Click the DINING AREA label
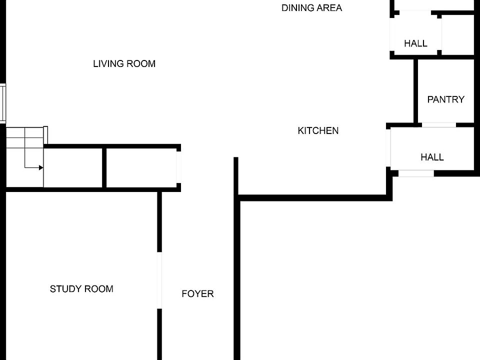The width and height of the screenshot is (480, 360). click(x=311, y=8)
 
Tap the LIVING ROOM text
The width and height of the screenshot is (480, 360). click(x=124, y=63)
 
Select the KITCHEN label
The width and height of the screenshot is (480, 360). click(x=318, y=130)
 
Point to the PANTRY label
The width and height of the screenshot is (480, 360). click(x=445, y=99)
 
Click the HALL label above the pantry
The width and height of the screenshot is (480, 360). click(x=415, y=43)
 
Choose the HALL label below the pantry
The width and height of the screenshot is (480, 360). click(x=432, y=157)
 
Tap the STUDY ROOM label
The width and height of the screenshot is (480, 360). click(x=81, y=288)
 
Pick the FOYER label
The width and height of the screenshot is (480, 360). click(x=197, y=293)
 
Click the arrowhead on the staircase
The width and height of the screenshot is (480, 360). click(x=40, y=167)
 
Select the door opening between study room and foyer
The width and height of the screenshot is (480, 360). click(x=159, y=280)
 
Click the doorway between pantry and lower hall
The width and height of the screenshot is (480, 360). click(x=438, y=124)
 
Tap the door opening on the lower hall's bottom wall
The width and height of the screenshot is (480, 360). click(x=416, y=173)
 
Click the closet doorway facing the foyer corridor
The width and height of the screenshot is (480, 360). click(x=178, y=167)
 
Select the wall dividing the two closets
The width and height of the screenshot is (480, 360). click(x=104, y=167)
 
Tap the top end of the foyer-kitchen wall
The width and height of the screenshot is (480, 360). click(x=235, y=159)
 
